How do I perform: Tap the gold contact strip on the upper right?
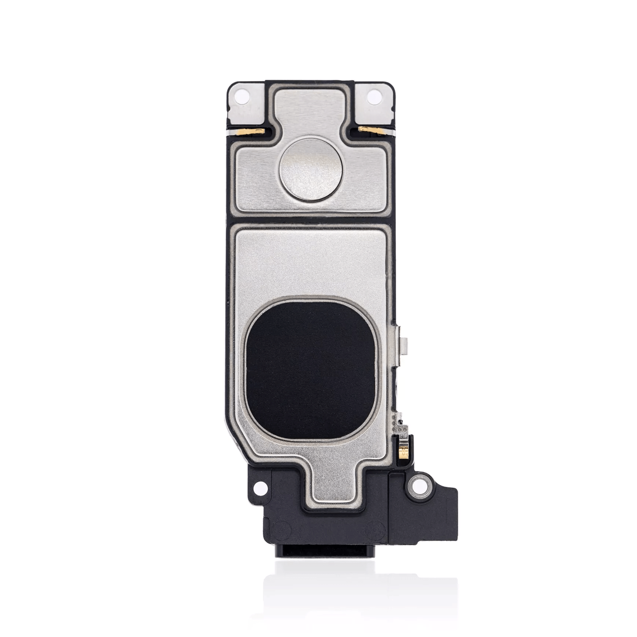click(x=367, y=129)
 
